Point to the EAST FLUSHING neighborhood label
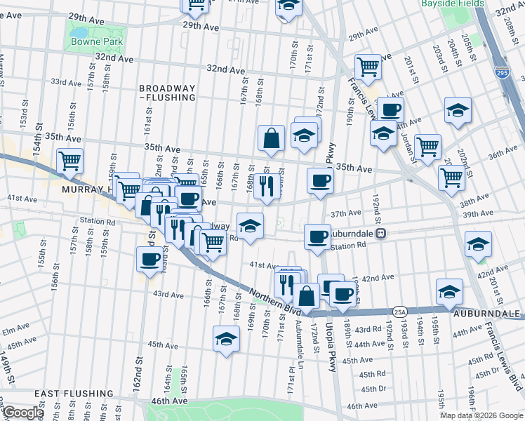(69, 394)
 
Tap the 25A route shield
(400, 311)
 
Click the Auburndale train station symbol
(380, 233)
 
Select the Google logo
(22, 413)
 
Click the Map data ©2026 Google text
(481, 415)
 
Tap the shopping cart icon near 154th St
(69, 161)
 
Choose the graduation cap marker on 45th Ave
(226, 339)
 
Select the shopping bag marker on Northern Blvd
(306, 295)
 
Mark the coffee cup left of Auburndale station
(317, 236)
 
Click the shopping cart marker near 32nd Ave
(368, 67)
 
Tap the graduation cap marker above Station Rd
(250, 225)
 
